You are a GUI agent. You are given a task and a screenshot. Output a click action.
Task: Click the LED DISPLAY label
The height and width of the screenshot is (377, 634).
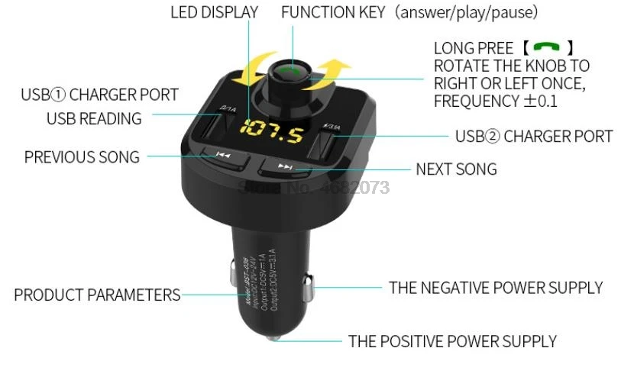click(214, 12)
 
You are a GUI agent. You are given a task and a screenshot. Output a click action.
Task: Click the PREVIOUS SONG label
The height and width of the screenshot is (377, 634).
click(82, 157)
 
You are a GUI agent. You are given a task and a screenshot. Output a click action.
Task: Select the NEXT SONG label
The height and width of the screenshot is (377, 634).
click(456, 169)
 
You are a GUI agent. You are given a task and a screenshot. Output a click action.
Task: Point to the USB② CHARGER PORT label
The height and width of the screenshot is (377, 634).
click(534, 137)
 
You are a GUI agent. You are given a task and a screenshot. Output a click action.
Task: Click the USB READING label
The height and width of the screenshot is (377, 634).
click(94, 118)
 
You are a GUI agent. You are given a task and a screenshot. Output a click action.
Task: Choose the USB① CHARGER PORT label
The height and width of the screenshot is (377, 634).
click(99, 95)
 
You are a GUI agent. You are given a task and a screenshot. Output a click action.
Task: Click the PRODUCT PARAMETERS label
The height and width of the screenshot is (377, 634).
click(97, 295)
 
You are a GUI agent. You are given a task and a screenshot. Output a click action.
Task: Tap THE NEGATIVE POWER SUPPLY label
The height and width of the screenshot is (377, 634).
click(496, 288)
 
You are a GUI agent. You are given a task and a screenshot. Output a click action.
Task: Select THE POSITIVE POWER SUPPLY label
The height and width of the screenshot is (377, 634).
click(452, 341)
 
